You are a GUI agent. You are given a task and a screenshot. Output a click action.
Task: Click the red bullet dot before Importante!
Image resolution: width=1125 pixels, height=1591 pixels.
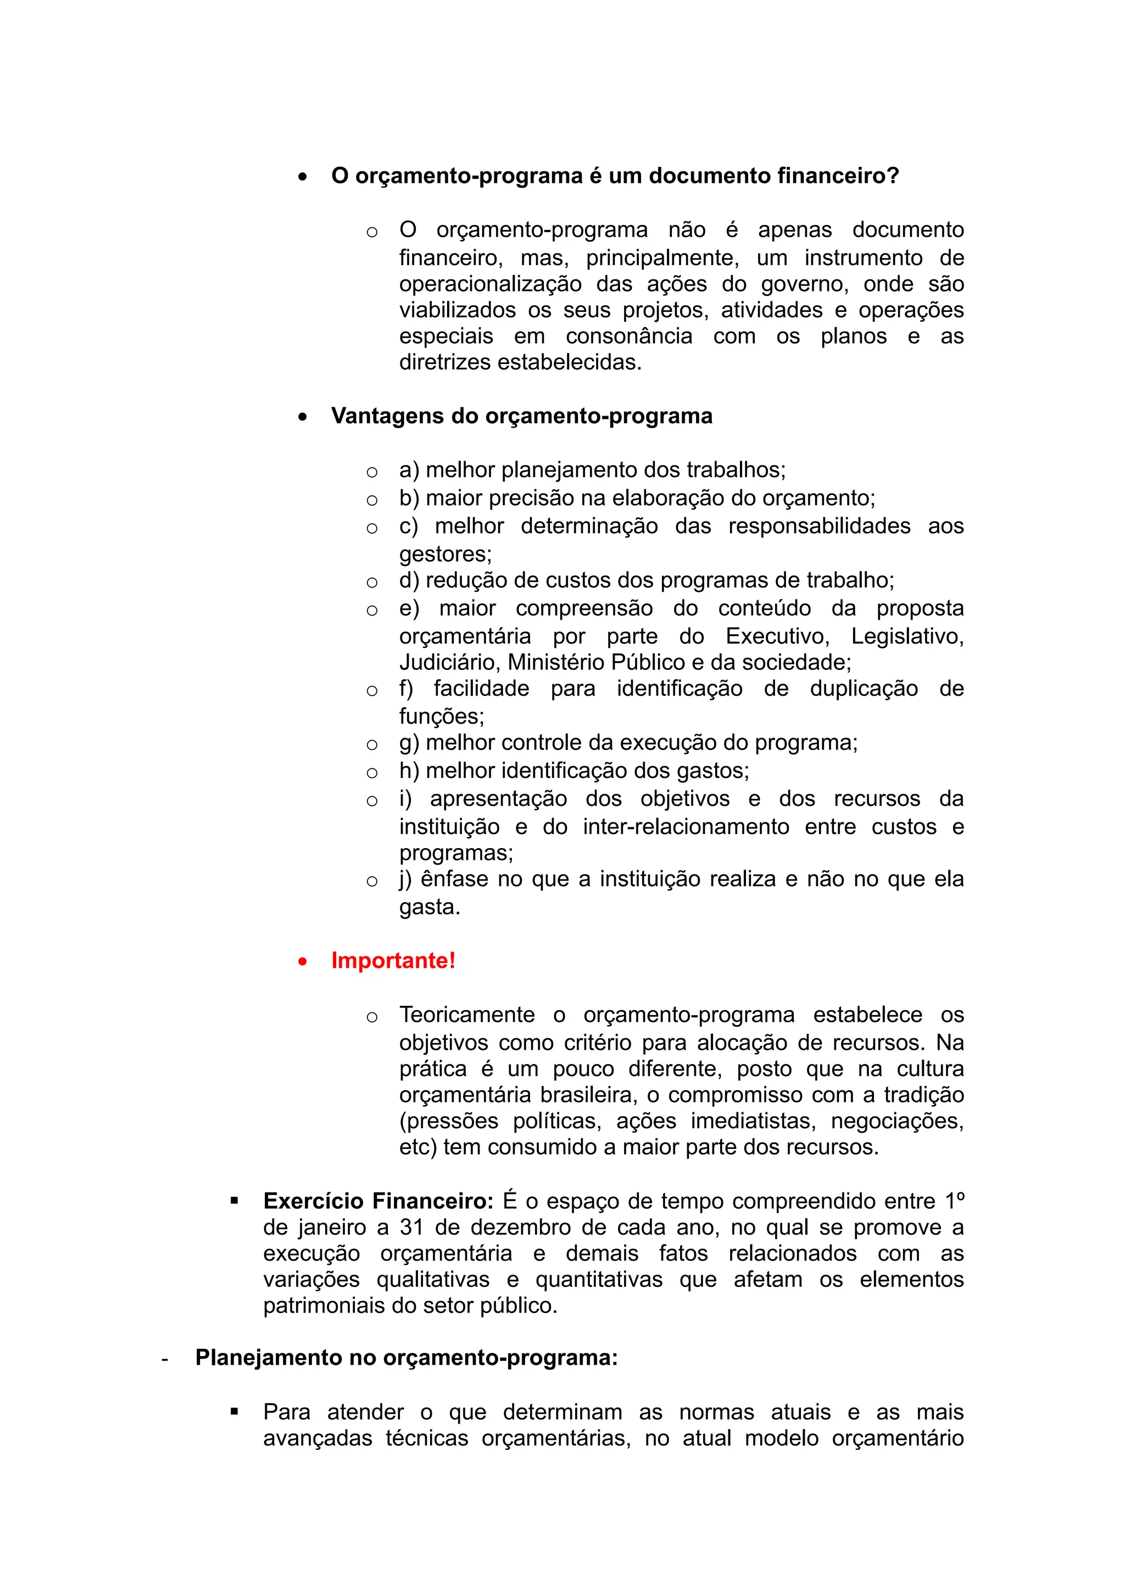(x=302, y=962)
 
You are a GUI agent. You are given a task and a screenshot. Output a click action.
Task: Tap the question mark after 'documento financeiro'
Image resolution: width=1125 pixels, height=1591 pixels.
(x=892, y=176)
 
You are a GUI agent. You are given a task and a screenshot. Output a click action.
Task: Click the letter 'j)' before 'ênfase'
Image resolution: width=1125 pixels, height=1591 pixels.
(x=405, y=879)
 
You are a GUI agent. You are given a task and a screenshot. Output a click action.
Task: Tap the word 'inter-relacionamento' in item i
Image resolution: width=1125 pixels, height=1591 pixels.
(x=686, y=827)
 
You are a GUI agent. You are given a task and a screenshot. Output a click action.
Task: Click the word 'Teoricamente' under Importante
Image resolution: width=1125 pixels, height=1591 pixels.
(x=466, y=1015)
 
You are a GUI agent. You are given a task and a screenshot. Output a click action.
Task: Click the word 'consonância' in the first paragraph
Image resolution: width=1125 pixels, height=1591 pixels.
(x=629, y=337)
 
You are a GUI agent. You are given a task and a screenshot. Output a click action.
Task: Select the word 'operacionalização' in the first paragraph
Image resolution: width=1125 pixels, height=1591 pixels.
(x=489, y=284)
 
